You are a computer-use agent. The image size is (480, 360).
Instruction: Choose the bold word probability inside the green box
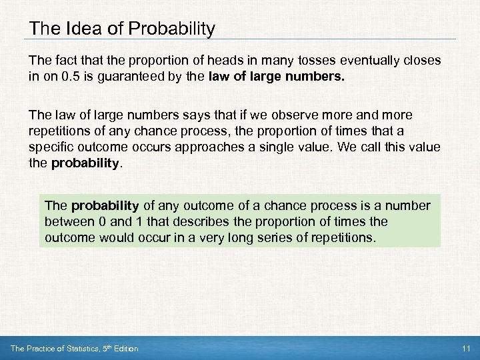click(104, 206)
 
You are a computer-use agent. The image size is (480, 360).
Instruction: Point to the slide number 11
click(465, 349)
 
